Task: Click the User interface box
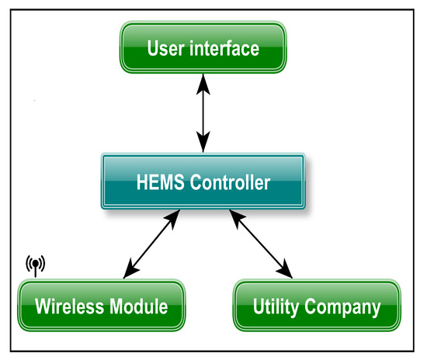203,49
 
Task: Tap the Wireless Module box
102,306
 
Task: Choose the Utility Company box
317,306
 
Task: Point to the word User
166,49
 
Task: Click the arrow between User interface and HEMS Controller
203,112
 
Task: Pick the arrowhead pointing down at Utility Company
288,272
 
